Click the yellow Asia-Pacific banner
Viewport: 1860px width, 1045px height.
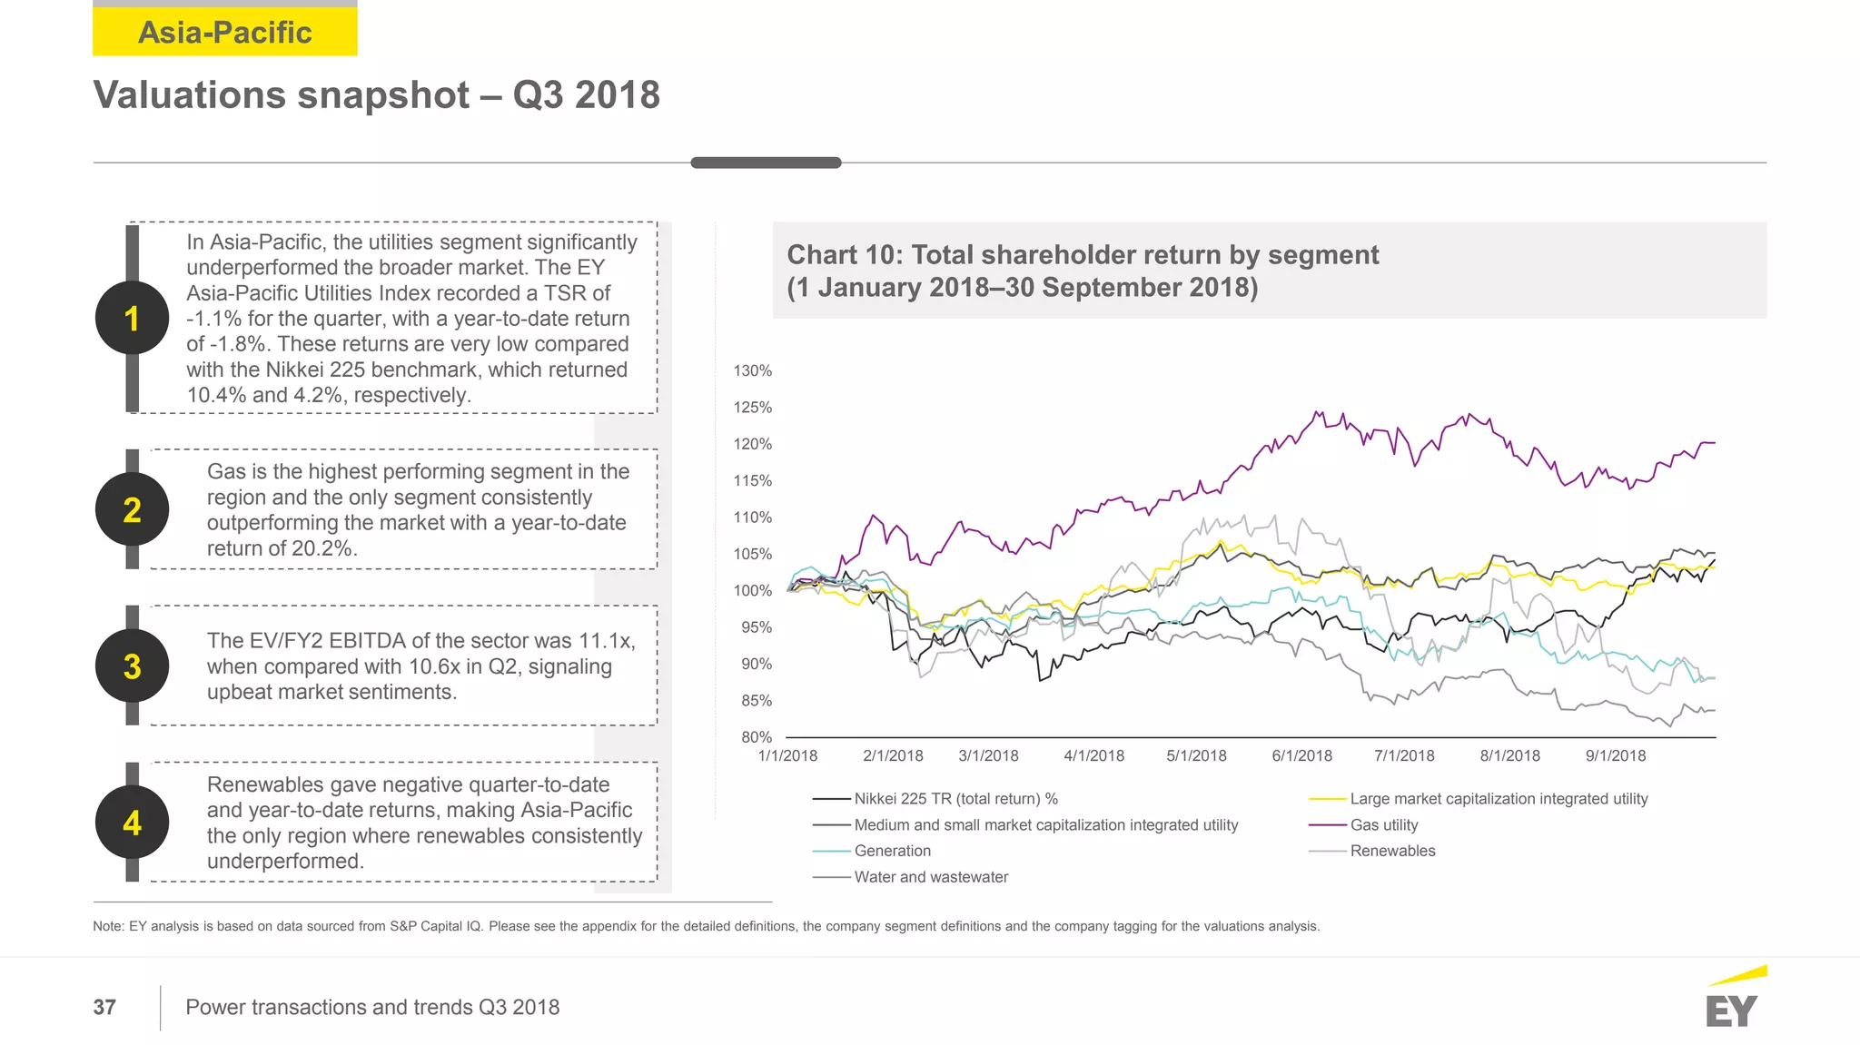tap(224, 33)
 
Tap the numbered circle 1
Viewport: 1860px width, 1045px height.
tap(132, 318)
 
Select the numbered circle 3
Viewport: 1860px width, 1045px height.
tap(132, 665)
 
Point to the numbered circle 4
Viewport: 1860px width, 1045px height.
tap(132, 823)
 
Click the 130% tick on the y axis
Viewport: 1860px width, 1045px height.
tap(752, 370)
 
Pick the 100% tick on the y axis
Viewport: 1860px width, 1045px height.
tap(752, 590)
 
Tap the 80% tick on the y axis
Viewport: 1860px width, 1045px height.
tap(756, 737)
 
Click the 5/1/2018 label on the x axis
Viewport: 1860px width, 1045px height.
tap(1196, 755)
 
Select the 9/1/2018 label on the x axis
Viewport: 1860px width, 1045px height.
tap(1615, 755)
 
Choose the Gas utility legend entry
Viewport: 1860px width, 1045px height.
tap(1383, 824)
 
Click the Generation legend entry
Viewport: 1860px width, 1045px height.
tap(892, 851)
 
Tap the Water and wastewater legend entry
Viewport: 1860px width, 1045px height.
tap(931, 877)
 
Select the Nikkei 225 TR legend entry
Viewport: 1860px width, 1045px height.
tap(955, 799)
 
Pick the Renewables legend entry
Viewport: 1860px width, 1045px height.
tap(1392, 851)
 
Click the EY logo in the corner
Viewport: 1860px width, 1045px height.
tap(1732, 1001)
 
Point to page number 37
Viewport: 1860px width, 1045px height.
tap(104, 1007)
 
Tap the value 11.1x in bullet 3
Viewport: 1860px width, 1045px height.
tap(606, 640)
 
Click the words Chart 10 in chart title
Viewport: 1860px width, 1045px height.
tap(844, 255)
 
